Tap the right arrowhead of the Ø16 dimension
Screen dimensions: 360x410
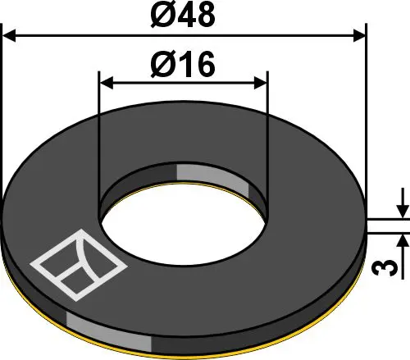260,82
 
